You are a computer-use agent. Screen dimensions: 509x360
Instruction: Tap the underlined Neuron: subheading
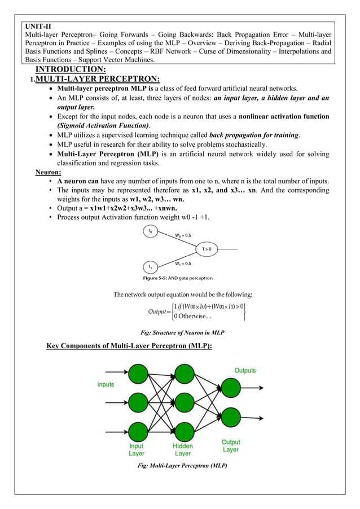[x=49, y=172]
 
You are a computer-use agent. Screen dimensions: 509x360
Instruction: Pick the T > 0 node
[x=207, y=248]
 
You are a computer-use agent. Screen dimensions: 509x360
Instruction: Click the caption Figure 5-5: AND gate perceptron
[x=177, y=278]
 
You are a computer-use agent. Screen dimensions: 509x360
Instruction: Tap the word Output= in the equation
[x=160, y=311]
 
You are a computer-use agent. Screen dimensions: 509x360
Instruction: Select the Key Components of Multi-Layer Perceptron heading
[x=129, y=345]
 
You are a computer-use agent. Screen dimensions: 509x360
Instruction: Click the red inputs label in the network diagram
[x=106, y=384]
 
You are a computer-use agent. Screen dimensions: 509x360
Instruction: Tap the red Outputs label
[x=245, y=371]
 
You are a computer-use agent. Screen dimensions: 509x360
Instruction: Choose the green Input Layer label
[x=136, y=450]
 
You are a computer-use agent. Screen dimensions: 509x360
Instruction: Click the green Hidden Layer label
[x=182, y=450]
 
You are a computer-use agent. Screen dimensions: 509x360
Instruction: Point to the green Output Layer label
[x=230, y=446]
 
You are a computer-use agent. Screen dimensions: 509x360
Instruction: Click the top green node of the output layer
[x=232, y=388]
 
